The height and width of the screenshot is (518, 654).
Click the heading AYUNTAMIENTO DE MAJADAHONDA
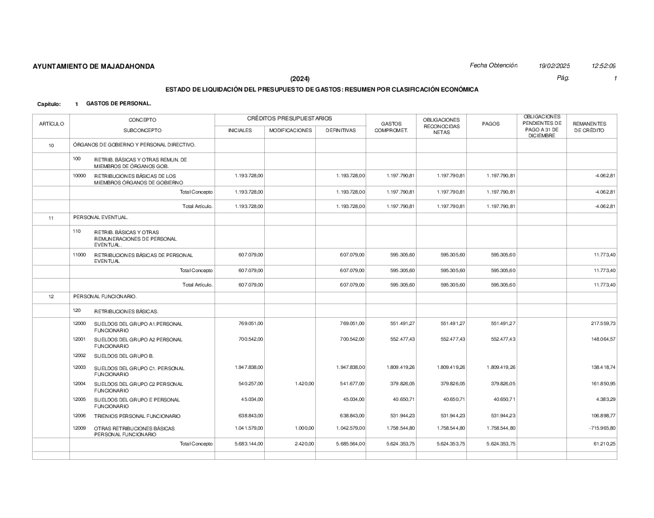click(94, 67)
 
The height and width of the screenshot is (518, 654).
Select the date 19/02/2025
click(554, 66)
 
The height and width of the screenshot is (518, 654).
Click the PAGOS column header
click(490, 124)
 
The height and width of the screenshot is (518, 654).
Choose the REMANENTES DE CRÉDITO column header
click(589, 127)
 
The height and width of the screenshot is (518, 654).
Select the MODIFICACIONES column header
click(290, 130)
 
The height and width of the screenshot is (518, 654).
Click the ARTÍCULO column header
click(51, 124)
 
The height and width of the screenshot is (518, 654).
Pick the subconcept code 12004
click(79, 383)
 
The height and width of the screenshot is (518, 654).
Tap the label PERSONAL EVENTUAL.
click(101, 217)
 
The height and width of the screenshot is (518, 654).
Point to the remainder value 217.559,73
click(601, 324)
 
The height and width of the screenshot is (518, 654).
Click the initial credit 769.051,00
click(250, 324)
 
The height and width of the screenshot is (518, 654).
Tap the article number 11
click(51, 218)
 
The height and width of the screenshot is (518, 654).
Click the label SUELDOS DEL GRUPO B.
click(124, 356)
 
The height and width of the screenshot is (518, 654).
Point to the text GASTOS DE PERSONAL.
click(118, 103)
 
